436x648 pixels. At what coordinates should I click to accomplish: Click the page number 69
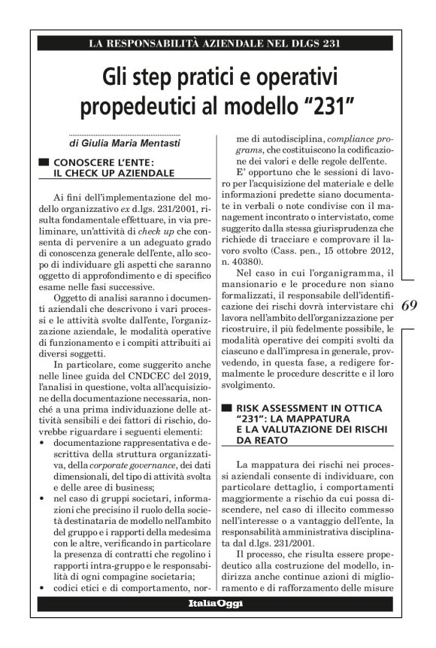[x=410, y=306]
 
